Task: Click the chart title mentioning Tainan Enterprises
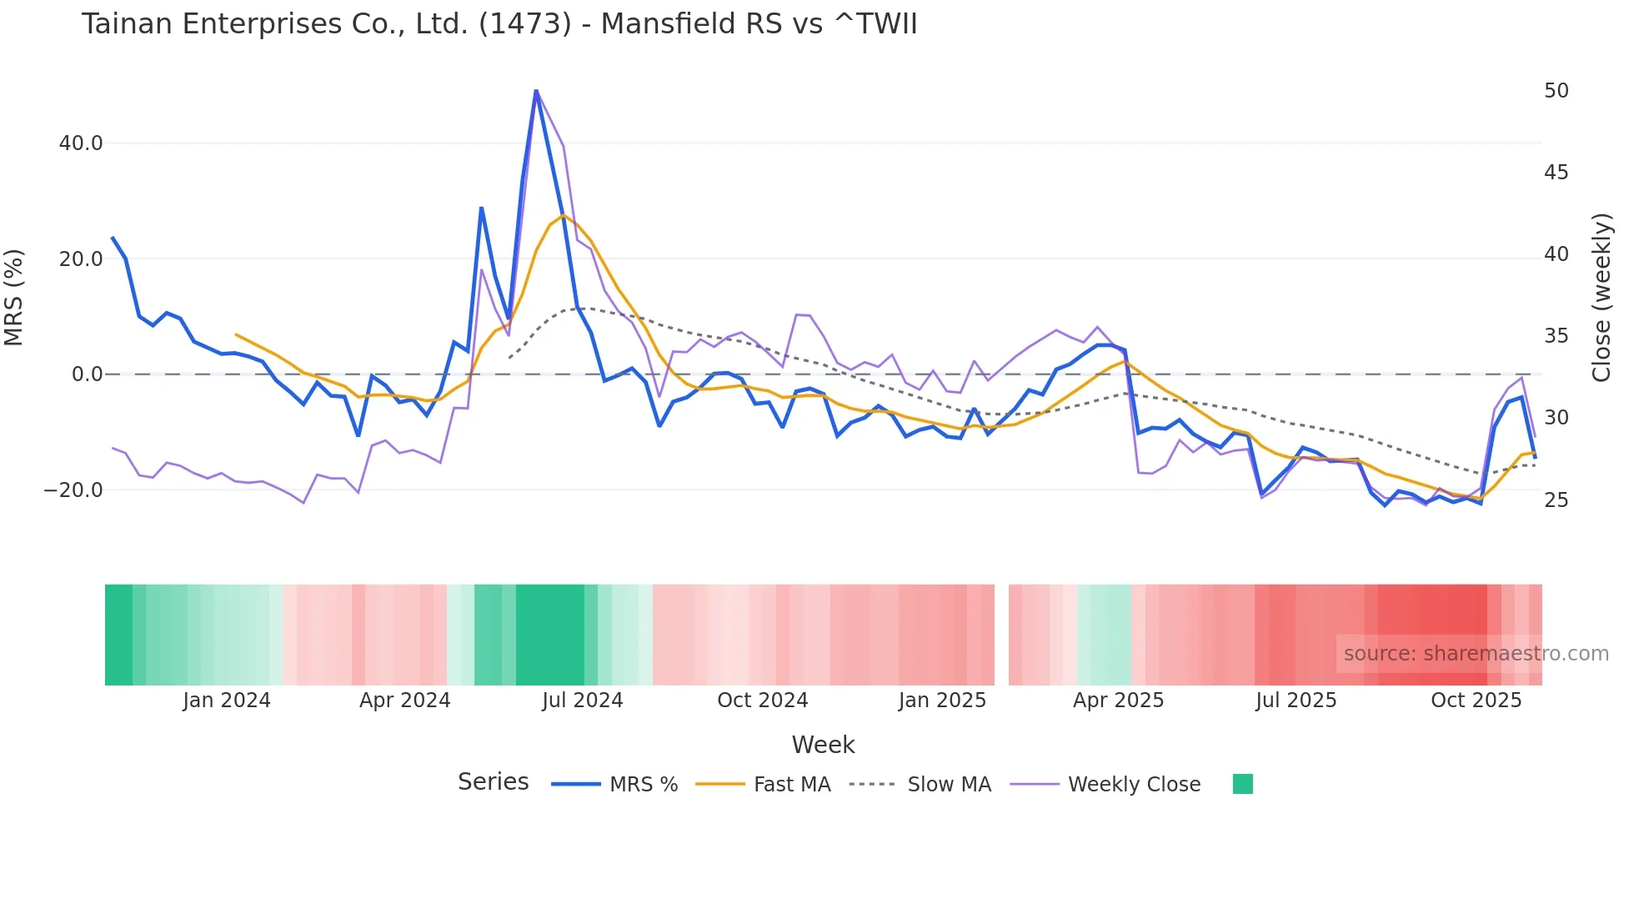[499, 24]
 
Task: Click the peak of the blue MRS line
[536, 90]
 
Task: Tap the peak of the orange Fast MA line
[564, 215]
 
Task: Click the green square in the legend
[1242, 784]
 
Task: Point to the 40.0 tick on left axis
[81, 143]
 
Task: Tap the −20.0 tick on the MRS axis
[73, 490]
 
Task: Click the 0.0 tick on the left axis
[88, 374]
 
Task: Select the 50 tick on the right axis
[1556, 91]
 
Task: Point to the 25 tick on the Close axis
[1556, 500]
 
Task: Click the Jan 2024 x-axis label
[227, 701]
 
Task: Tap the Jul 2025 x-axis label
[1296, 701]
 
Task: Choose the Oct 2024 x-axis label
[762, 701]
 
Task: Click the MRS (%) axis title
[14, 297]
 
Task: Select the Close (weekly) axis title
[1601, 297]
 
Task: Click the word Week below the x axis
[823, 745]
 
